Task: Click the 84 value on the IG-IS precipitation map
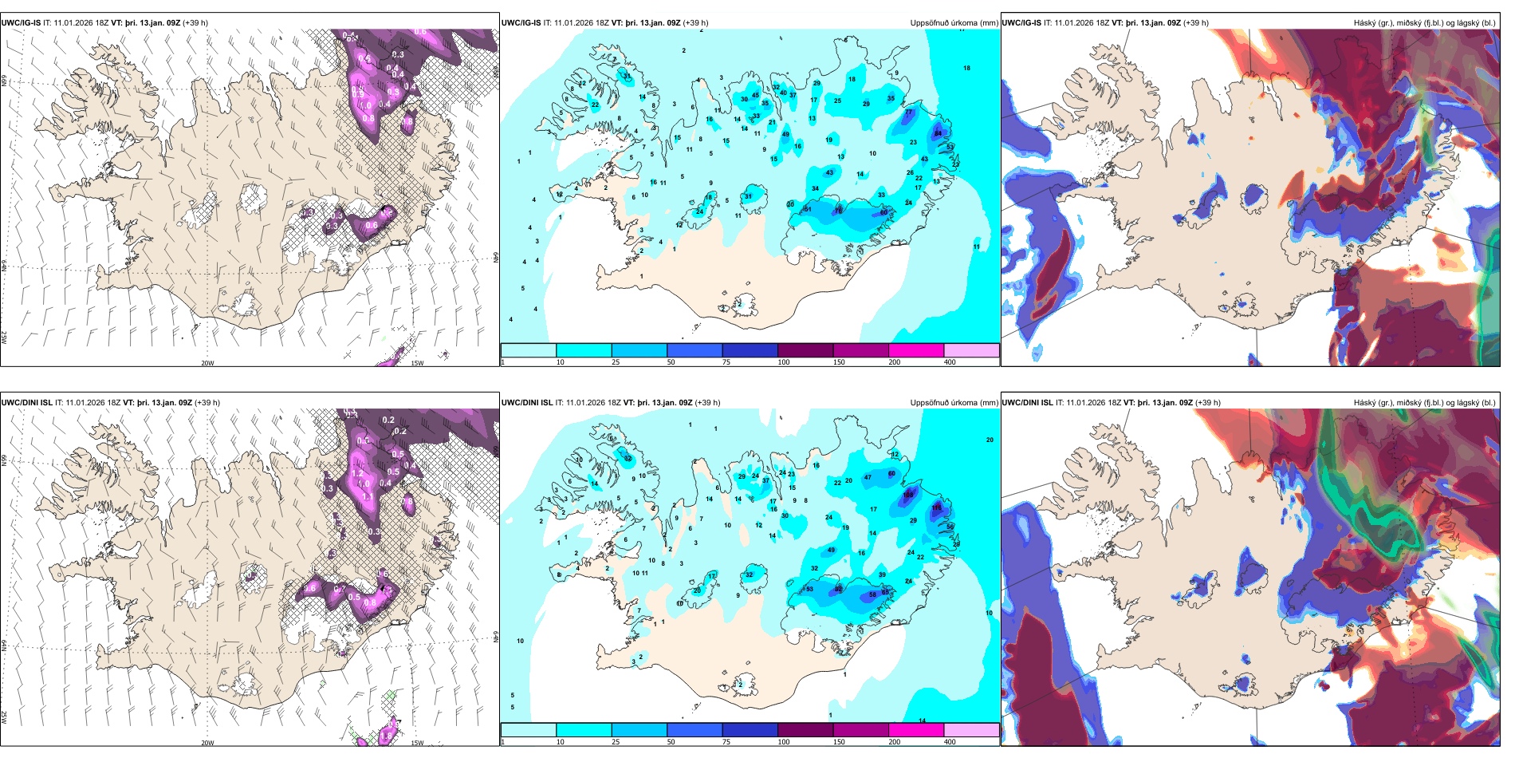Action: (x=938, y=133)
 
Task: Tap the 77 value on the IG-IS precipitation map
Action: (x=908, y=113)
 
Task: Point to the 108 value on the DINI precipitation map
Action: (x=908, y=495)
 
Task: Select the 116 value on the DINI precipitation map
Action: (x=937, y=507)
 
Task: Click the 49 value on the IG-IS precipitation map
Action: (x=785, y=134)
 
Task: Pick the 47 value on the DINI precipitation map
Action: (x=868, y=477)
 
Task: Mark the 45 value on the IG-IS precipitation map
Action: (x=755, y=95)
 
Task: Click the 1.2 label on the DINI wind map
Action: (x=357, y=473)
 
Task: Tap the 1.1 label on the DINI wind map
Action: (x=368, y=496)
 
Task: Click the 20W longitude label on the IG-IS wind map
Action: (x=207, y=363)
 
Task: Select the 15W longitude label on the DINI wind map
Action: (x=417, y=743)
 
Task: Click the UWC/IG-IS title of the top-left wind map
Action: (x=21, y=23)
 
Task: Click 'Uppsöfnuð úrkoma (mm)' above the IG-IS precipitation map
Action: (x=954, y=23)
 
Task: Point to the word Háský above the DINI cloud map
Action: (x=1365, y=403)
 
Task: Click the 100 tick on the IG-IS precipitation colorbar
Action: (x=784, y=362)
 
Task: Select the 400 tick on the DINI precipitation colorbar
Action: (x=950, y=742)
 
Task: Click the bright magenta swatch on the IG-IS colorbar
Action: (x=916, y=350)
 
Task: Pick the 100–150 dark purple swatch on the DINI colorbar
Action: (x=805, y=730)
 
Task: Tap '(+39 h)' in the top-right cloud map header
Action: (x=1196, y=23)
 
